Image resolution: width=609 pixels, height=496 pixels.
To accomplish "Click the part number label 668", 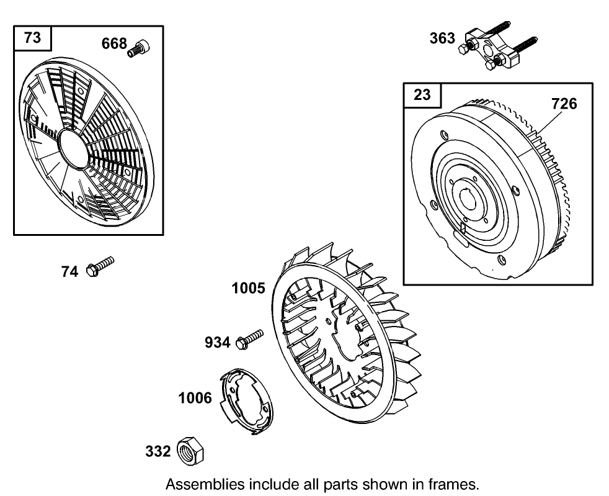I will pos(114,43).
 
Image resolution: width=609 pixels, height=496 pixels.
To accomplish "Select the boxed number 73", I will pos(33,38).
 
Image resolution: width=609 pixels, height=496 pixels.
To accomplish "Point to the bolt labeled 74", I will pos(101,266).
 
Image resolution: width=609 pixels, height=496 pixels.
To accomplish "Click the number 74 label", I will pos(69,271).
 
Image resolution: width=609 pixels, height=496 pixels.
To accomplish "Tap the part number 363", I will pos(442,38).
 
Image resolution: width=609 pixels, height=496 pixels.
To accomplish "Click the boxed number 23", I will pos(422,95).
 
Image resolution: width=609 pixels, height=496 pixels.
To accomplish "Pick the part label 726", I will pos(564,104).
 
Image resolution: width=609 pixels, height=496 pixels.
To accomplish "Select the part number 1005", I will pos(249,288).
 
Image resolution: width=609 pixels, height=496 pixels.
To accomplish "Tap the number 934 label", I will pos(218,342).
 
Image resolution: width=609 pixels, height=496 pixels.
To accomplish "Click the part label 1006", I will pos(195,398).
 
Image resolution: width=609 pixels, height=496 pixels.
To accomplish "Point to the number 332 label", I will pos(158,451).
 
